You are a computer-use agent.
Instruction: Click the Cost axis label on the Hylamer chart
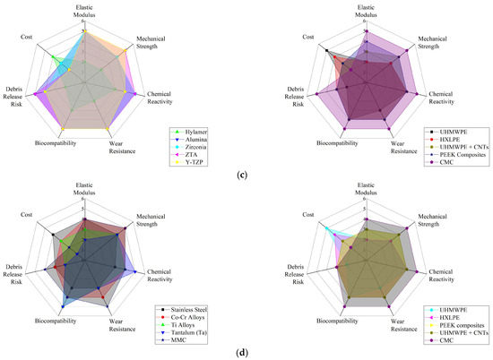(x=28, y=37)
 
